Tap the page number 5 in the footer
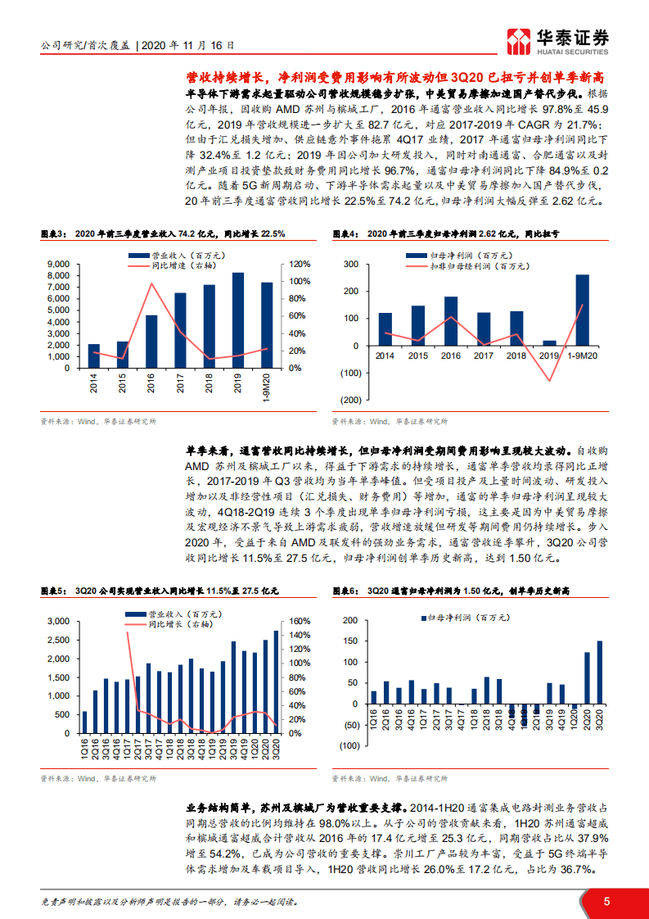606,901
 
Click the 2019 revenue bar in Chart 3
238,320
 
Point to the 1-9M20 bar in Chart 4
582,310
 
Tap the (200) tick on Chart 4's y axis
349,400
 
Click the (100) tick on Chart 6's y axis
349,745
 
